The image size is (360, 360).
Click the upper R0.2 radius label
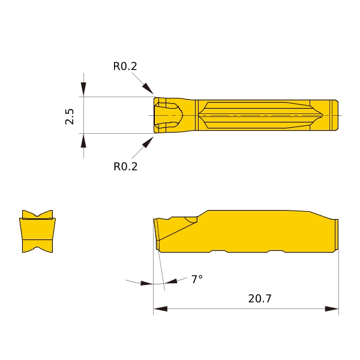(125, 66)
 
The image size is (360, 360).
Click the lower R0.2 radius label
(125, 166)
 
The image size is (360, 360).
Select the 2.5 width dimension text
(70, 116)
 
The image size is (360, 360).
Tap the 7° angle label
(197, 279)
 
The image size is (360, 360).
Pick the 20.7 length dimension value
(260, 298)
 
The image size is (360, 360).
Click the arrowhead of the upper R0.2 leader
(148, 89)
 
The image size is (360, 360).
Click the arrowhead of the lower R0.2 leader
(148, 142)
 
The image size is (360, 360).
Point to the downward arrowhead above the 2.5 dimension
(83, 89)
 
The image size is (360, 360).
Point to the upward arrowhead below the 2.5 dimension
(83, 141)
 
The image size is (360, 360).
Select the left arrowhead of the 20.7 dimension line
(160, 308)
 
